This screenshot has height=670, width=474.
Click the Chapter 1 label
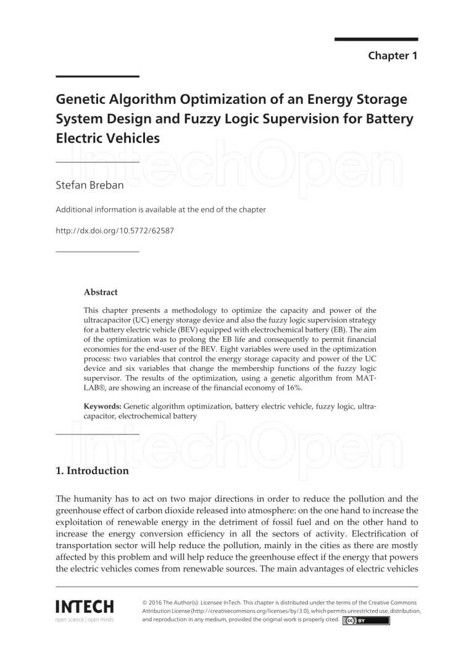393,56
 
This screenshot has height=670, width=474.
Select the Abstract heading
101,292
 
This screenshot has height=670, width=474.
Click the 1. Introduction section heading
92,471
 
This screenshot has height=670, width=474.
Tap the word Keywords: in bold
102,406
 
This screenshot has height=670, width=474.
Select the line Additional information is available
160,210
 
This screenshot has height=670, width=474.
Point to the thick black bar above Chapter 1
376,39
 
